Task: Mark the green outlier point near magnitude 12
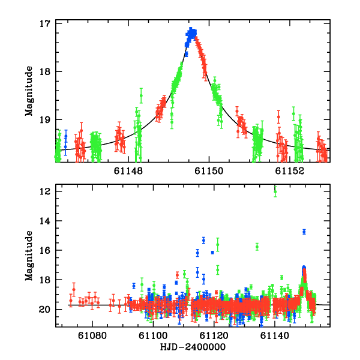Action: tap(275, 191)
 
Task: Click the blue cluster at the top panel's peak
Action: tap(191, 33)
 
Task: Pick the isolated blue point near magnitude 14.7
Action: tap(304, 232)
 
